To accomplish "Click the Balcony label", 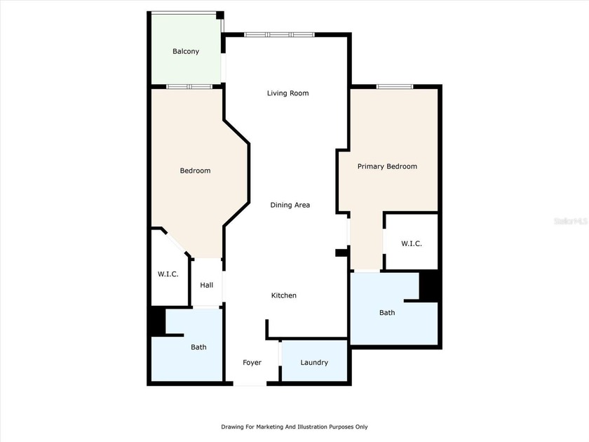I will point(186,51).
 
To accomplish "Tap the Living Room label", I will point(287,93).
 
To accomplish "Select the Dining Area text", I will point(290,205).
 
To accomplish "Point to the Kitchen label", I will point(284,295).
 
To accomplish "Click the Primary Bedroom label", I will point(387,166).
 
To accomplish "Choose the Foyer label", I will point(252,363).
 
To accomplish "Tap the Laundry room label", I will point(314,363).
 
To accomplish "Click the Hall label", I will point(206,285).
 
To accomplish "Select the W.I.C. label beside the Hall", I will point(168,274).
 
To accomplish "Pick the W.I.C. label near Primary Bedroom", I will point(411,243).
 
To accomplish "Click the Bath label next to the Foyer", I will point(198,347).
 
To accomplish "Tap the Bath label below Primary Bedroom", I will point(387,312).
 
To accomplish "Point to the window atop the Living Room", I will point(279,34).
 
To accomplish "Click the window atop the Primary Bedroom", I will point(395,86).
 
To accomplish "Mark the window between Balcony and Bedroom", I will point(189,86).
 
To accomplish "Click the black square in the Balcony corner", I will point(219,15).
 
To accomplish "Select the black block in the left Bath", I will point(156,322).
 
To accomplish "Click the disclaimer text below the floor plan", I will point(294,427).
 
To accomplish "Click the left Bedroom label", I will point(195,170).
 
